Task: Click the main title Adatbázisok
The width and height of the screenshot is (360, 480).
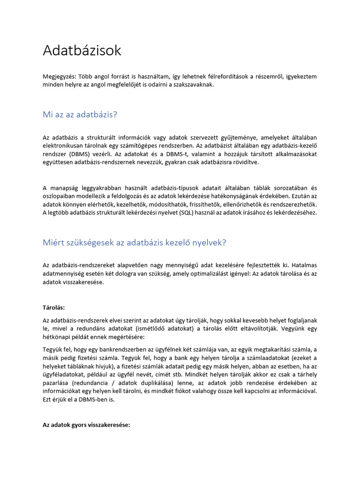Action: (82, 51)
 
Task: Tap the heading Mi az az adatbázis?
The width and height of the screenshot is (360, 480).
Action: (79, 114)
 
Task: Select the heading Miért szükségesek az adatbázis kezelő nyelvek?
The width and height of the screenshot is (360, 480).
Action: (135, 242)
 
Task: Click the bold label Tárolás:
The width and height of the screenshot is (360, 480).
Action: (54, 307)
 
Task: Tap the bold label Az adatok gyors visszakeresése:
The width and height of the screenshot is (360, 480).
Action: (86, 425)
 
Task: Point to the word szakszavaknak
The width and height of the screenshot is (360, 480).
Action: (193, 85)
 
